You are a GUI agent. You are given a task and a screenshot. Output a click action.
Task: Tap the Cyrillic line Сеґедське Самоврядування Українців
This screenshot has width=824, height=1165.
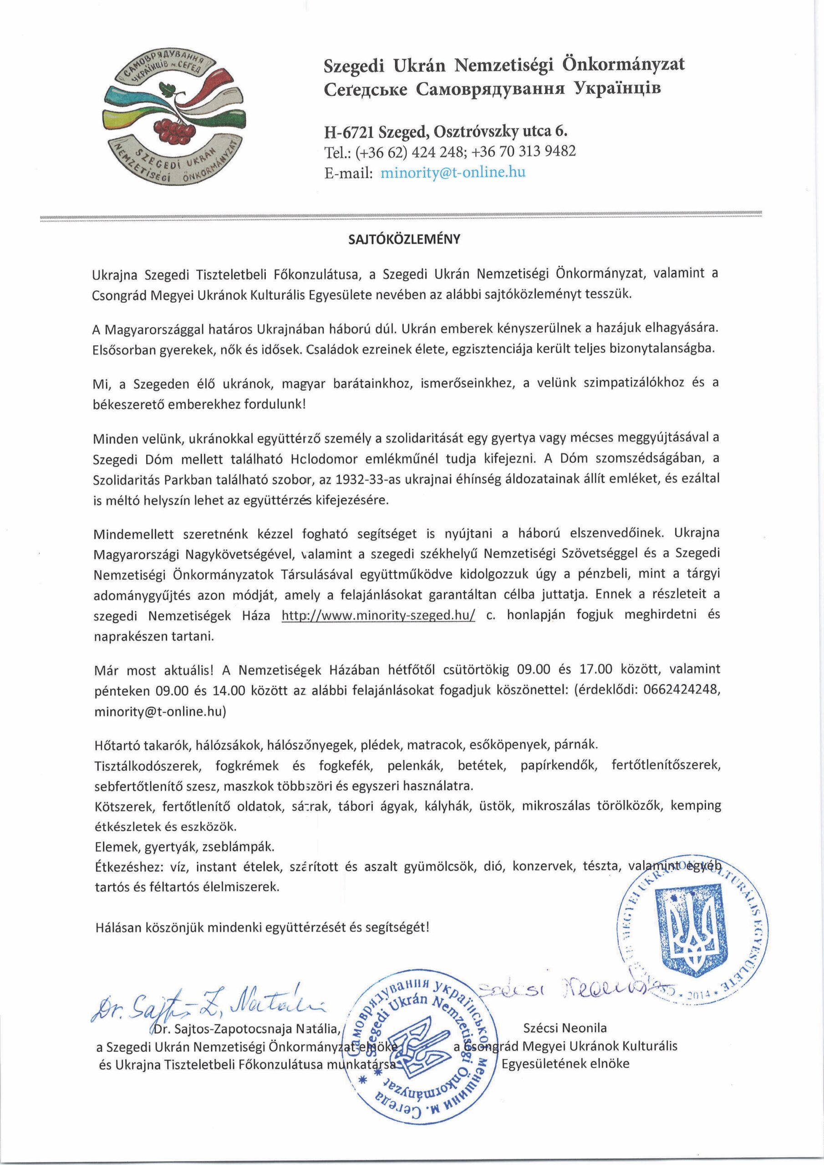[x=493, y=89]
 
